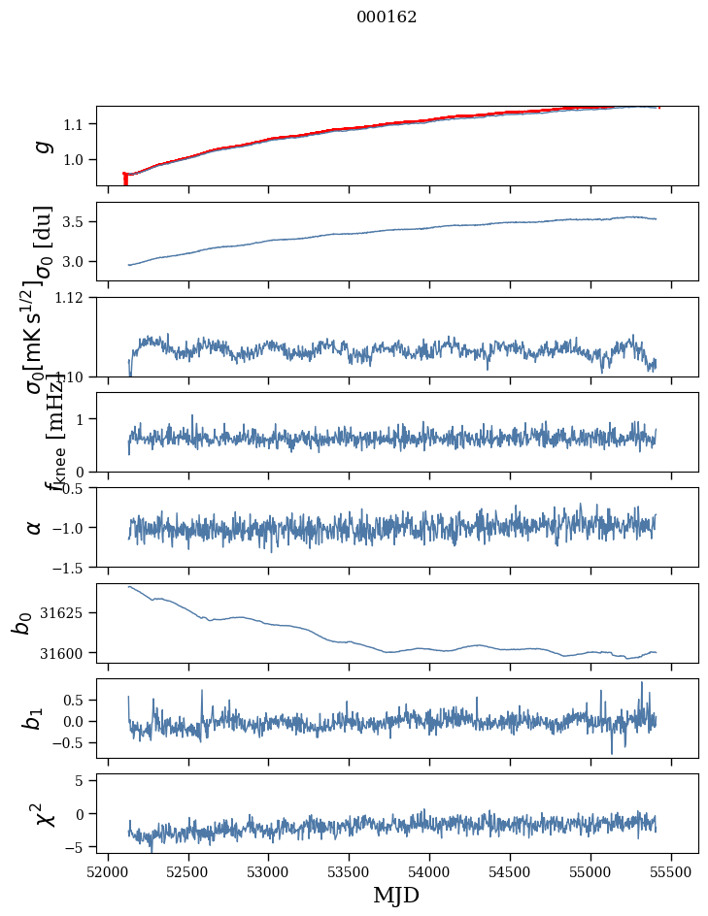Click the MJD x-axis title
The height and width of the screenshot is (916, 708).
point(396,895)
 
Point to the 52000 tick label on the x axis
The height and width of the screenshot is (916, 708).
point(108,871)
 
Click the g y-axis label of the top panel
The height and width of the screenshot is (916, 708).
point(41,146)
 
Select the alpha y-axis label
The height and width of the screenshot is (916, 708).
point(35,527)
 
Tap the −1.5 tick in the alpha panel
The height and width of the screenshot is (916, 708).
point(72,567)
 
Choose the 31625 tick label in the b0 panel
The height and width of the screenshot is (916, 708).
point(64,613)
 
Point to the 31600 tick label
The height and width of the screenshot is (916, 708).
point(64,653)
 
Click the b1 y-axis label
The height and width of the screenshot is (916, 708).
point(33,719)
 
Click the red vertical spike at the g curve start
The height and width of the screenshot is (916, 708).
point(125,179)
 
